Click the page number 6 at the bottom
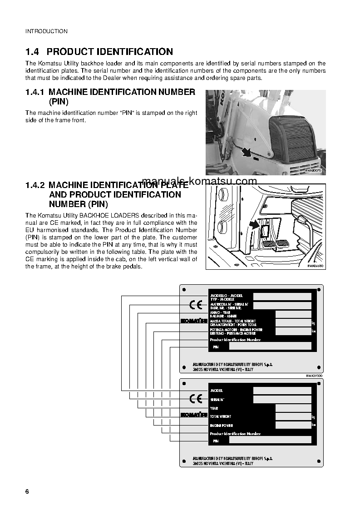[27, 492]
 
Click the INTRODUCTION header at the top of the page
[46, 31]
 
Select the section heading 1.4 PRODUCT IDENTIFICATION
[99, 52]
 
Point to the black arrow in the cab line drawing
[253, 225]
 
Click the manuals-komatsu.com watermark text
[199, 181]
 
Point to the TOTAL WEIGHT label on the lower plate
[221, 416]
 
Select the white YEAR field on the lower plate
[293, 408]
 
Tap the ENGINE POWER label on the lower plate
[222, 426]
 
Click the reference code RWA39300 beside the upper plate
[314, 376]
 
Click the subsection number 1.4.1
[35, 92]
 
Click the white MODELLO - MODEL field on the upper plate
[282, 296]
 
